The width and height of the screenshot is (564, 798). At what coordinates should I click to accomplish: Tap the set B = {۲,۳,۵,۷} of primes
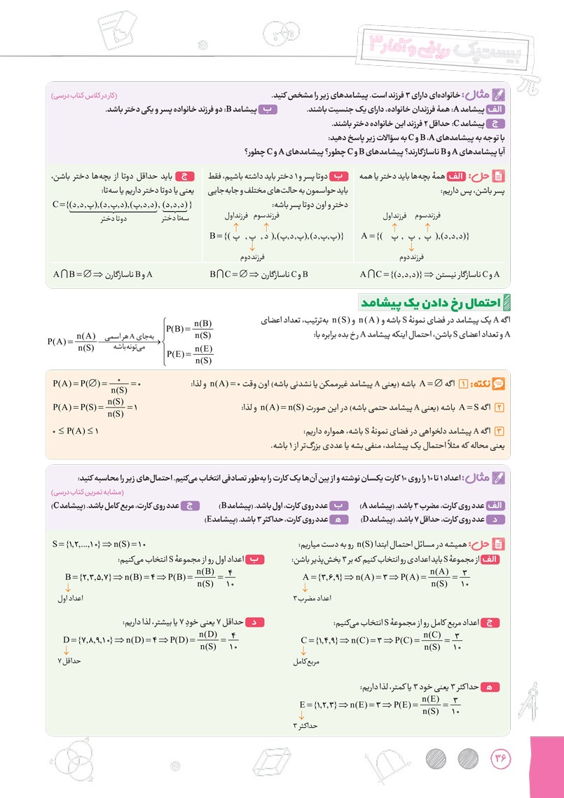92,578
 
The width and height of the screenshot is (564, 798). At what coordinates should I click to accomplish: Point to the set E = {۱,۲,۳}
322,705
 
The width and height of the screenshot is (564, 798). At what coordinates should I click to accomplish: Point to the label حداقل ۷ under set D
69,661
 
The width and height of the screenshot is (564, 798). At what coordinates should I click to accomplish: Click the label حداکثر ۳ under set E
305,726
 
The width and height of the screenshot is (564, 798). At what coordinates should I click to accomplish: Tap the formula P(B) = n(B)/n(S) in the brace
188,329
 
